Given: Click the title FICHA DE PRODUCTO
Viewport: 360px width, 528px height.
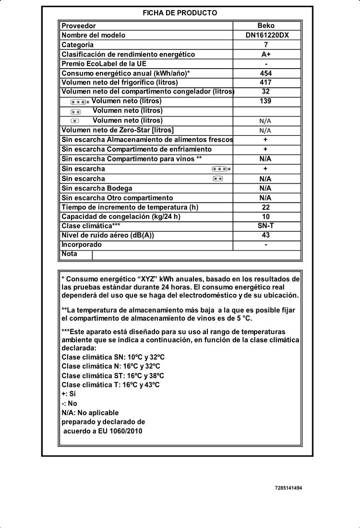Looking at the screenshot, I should pos(180,13).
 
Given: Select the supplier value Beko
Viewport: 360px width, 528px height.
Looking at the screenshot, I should pos(266,26).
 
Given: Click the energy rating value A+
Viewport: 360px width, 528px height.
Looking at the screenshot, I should pos(266,54).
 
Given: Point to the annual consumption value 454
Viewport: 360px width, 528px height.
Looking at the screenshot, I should pos(266,73).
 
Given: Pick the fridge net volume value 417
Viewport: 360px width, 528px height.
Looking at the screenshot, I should pos(266,82).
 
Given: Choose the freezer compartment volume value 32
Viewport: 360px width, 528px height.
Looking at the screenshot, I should pos(266,92).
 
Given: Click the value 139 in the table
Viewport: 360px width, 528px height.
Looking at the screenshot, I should pos(266,101).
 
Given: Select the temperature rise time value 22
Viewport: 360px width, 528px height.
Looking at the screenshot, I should pos(266,207).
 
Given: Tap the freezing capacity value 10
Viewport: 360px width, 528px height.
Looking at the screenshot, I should pos(266,216).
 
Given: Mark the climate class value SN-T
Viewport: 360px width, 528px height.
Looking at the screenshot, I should pos(266,226).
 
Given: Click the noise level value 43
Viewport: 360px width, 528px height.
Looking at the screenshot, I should pos(266,235).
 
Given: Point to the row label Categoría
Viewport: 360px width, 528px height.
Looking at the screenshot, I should pos(78,45).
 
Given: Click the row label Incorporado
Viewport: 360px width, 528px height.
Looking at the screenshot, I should pos(82,245).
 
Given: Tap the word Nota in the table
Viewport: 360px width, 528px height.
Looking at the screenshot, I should pos(69,254).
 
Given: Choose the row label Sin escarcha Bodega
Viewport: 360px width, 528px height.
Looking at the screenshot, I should pos(97,188).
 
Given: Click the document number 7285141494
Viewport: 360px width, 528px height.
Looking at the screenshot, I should pos(288,488).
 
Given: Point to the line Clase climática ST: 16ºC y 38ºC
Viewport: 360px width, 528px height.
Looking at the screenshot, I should pos(113,376).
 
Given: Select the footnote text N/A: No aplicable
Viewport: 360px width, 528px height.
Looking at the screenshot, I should pos(90,413).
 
